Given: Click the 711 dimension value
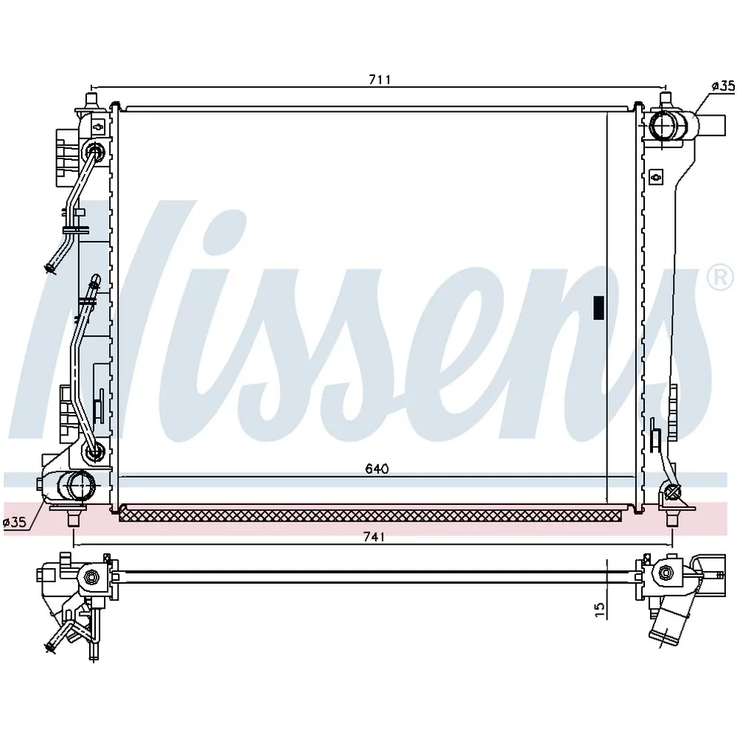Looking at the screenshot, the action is [380, 80].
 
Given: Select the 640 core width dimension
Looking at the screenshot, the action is [377, 469].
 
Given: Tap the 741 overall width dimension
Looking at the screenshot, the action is [374, 537].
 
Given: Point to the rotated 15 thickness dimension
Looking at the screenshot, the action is [600, 609].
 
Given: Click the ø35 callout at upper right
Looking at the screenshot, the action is [723, 85].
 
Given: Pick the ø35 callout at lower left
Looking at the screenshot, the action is [14, 522].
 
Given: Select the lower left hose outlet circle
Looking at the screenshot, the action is [81, 485].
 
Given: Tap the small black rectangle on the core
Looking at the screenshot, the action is [598, 308].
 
